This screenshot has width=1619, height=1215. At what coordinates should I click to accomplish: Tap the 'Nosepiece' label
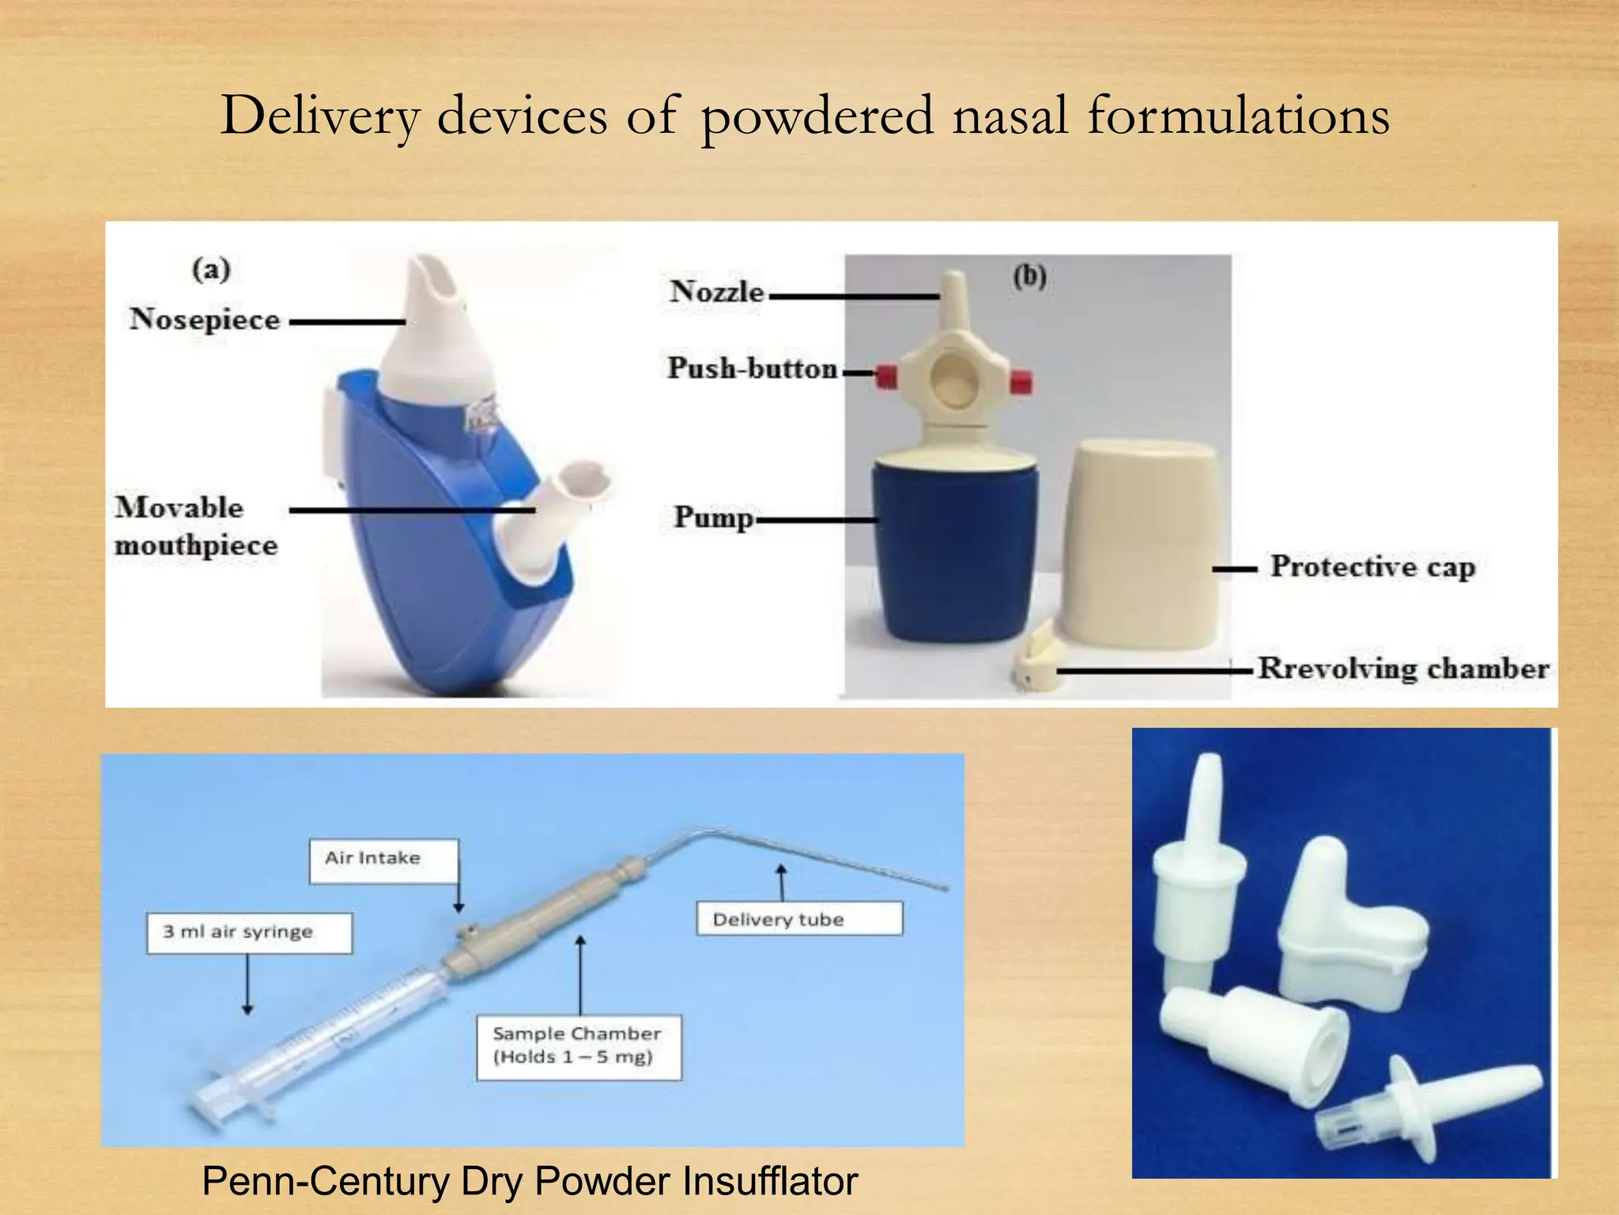point(205,320)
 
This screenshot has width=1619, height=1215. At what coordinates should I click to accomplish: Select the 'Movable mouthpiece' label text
point(195,527)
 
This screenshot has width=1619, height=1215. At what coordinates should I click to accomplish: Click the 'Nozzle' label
point(717,292)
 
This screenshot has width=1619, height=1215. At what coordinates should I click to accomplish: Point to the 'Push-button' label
point(752,369)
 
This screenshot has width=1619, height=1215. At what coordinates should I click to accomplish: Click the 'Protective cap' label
point(1372,567)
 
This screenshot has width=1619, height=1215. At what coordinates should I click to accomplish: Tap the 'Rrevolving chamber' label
point(1402,669)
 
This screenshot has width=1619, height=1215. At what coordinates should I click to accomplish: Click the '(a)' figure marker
point(211,269)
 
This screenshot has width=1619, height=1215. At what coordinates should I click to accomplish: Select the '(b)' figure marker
point(1029,276)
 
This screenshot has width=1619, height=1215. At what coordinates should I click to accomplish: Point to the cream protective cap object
point(1141,546)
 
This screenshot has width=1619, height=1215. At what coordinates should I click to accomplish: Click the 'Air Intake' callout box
point(383,860)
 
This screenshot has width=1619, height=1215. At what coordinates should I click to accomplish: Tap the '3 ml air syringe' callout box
point(248,933)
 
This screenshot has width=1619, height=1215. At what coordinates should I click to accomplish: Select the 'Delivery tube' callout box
point(798,919)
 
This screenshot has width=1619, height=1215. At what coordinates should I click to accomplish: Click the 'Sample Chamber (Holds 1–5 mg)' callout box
point(578,1047)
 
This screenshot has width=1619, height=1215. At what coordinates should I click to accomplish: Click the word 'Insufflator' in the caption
point(770,1182)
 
